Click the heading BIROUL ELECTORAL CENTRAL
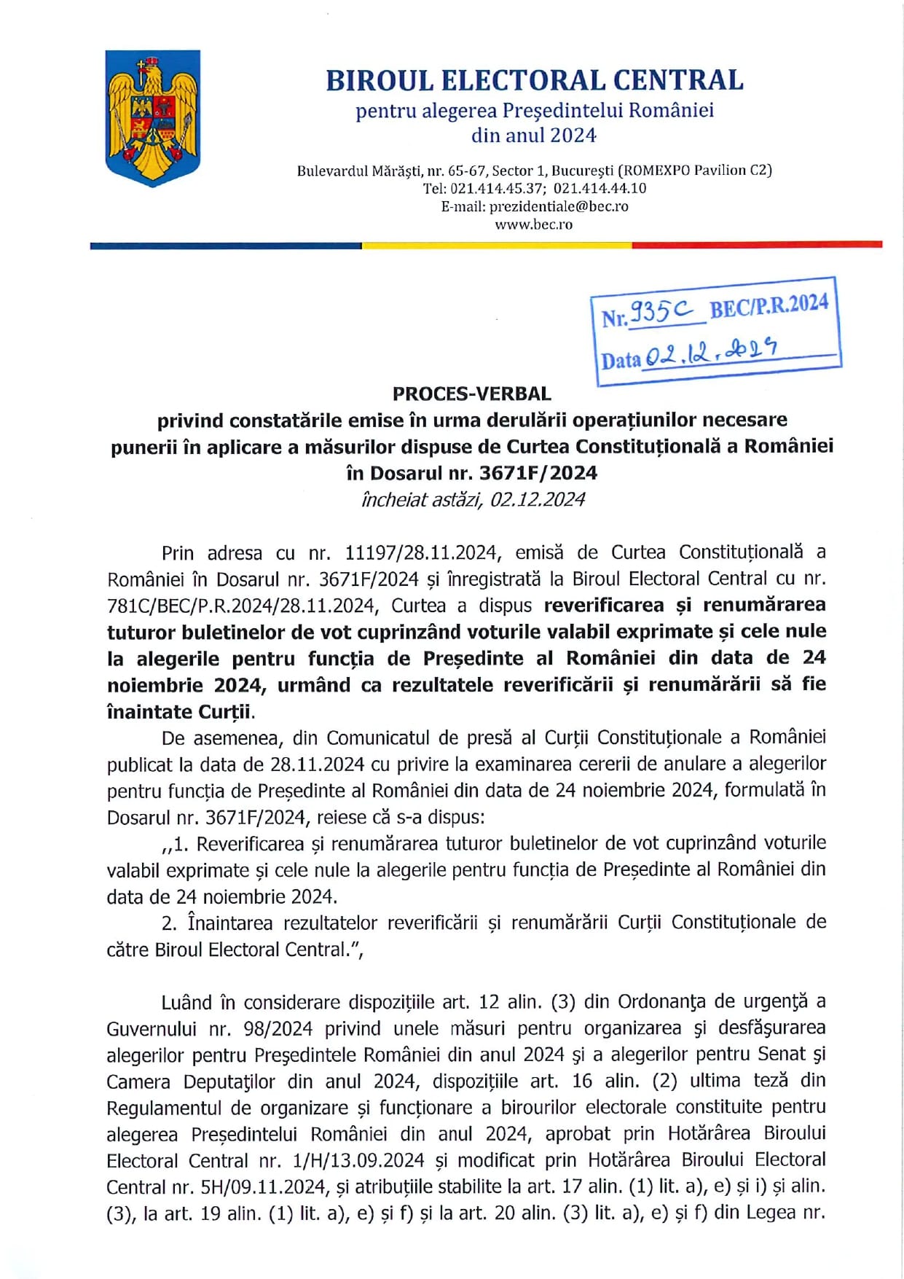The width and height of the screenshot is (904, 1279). click(x=534, y=80)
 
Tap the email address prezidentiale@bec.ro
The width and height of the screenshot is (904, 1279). click(x=559, y=206)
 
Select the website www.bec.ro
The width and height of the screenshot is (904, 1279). click(x=533, y=224)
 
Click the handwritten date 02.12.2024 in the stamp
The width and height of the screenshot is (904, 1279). click(x=711, y=353)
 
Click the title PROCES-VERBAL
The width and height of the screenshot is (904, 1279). click(x=471, y=394)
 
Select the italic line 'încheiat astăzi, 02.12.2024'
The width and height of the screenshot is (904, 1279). click(x=473, y=499)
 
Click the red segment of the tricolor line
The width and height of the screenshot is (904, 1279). click(x=757, y=245)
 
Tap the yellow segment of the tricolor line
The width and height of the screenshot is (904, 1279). click(x=497, y=245)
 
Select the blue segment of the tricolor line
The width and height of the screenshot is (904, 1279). click(x=226, y=246)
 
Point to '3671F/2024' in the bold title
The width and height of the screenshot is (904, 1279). click(x=538, y=473)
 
